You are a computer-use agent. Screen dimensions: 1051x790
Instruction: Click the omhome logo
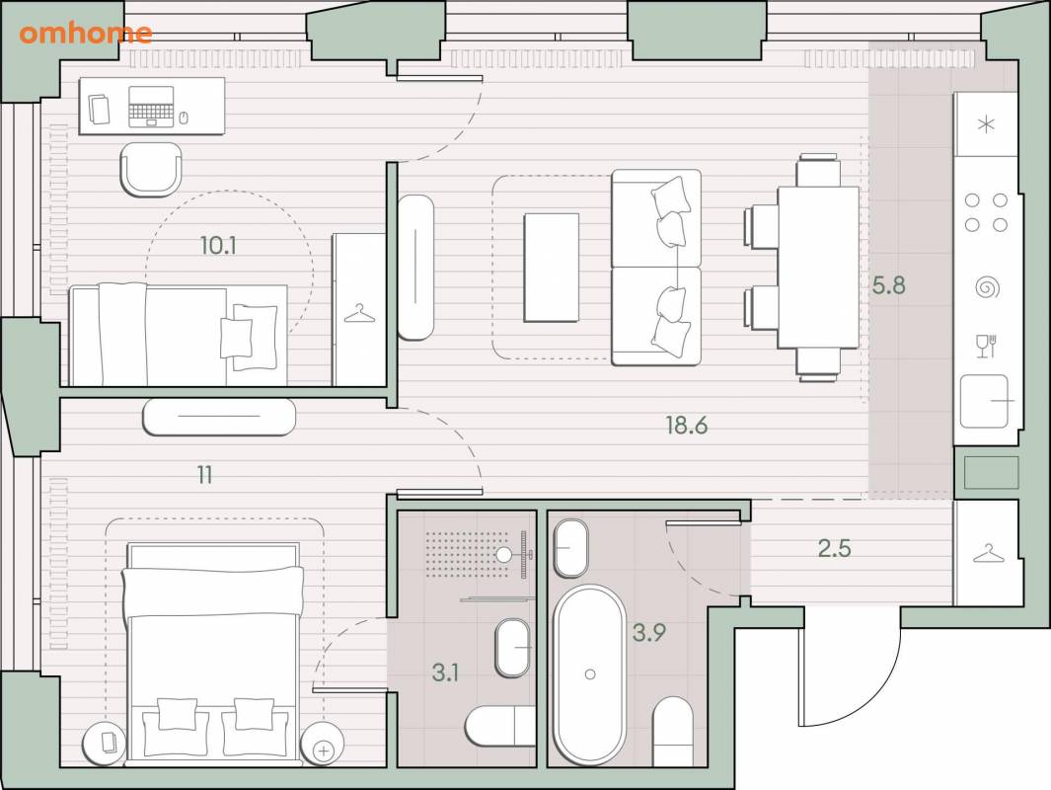click(86, 33)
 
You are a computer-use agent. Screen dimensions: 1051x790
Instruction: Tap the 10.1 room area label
click(218, 246)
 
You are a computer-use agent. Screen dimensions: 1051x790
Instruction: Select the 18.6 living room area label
click(687, 425)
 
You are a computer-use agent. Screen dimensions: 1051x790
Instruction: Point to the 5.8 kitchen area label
click(888, 285)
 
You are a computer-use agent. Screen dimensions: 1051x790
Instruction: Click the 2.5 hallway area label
click(835, 548)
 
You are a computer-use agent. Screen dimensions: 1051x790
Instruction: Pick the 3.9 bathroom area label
click(648, 632)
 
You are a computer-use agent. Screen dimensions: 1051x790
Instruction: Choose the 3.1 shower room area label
click(445, 671)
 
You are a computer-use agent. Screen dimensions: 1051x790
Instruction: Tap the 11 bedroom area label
click(205, 475)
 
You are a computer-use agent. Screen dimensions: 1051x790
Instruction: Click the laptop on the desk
click(151, 106)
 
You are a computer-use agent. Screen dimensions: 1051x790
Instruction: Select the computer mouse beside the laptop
click(184, 118)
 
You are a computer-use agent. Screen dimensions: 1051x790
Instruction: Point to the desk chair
click(151, 169)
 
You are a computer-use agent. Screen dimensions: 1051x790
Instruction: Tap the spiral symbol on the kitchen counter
click(987, 288)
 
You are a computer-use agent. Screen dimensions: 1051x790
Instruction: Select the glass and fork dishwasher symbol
click(986, 346)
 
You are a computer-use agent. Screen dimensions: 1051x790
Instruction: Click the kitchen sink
click(984, 401)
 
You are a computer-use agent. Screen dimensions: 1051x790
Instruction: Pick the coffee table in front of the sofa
click(551, 268)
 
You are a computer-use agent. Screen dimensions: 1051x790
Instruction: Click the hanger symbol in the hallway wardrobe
click(987, 554)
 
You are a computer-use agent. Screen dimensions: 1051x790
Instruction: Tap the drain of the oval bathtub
click(590, 674)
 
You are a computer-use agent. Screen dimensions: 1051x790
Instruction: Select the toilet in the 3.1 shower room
click(500, 726)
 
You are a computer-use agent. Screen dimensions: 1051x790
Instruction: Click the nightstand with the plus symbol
click(323, 745)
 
